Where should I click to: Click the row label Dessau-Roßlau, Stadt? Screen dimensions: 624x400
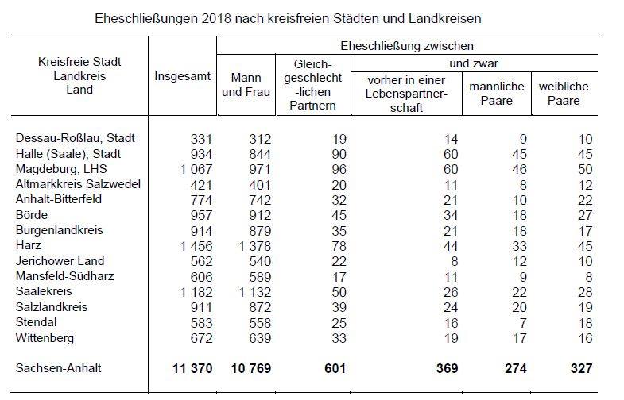coord(76,138)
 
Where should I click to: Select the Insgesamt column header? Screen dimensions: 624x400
coord(182,76)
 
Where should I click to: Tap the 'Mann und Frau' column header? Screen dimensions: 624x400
coord(246,85)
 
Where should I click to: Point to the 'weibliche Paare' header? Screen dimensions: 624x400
coord(564,94)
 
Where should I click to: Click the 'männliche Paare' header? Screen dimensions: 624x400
coord(496,94)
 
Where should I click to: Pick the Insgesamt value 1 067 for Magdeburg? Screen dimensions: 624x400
coord(196,169)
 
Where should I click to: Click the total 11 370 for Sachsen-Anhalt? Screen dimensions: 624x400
coord(192,368)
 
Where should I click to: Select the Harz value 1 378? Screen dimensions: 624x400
coord(254,246)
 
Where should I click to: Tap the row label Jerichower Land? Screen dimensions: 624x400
coord(60,261)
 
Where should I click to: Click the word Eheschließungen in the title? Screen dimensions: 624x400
coord(146,19)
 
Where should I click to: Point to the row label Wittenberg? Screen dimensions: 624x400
coord(45,338)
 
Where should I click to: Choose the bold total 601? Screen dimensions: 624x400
coord(335,368)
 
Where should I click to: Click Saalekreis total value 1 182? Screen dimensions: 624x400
coord(196,292)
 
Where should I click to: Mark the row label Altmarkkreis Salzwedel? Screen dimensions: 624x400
coord(78,184)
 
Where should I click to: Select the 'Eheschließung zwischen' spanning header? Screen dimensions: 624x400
coord(407,46)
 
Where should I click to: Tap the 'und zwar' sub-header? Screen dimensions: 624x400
coord(474,63)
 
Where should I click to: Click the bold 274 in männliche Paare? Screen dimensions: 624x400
coord(516,368)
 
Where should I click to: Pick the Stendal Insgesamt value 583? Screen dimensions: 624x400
coord(201,323)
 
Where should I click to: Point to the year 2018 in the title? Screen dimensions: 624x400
coord(216,19)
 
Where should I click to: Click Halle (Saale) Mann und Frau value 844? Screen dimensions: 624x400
coord(260,154)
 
